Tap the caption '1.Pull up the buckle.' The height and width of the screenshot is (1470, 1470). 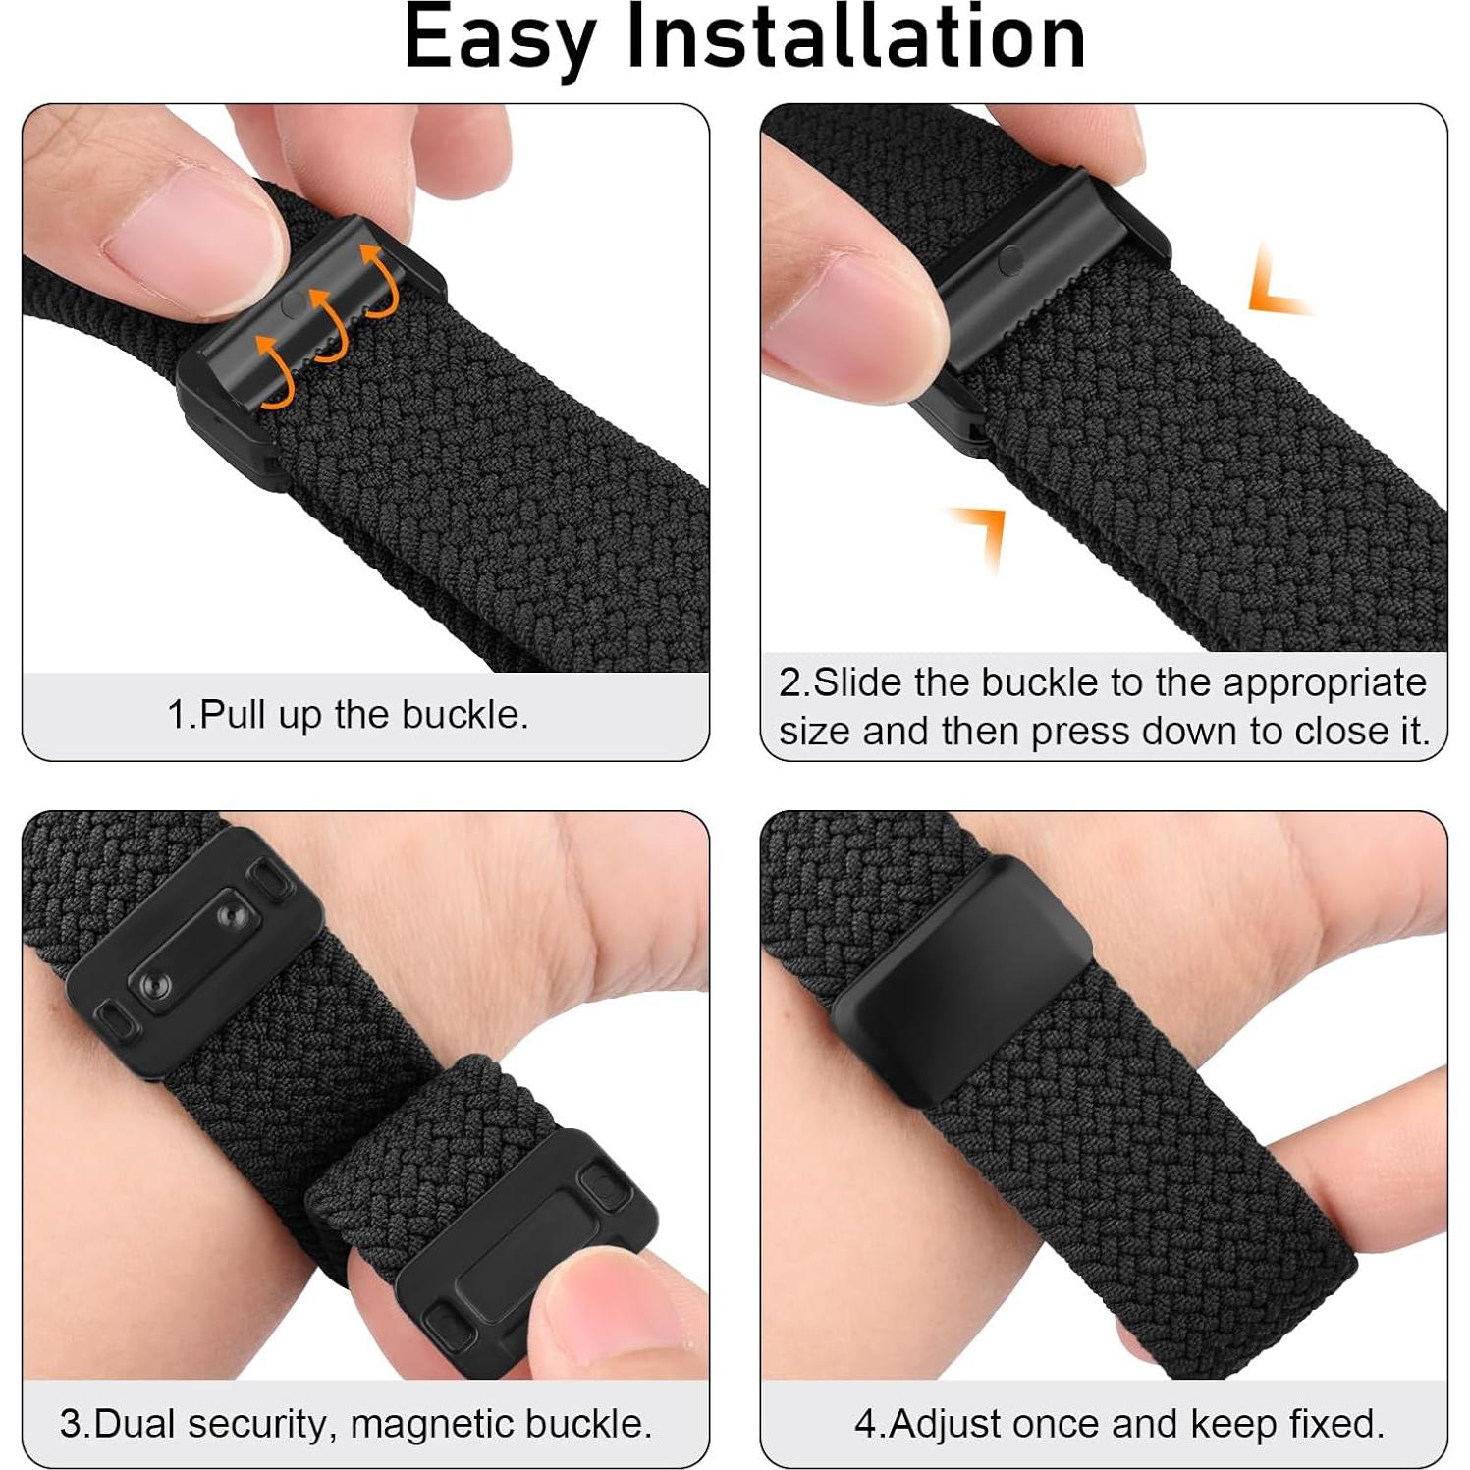pyautogui.click(x=348, y=715)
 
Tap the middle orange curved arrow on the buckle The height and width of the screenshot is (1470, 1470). pyautogui.click(x=330, y=324)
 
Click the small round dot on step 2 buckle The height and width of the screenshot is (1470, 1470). pyautogui.click(x=1010, y=260)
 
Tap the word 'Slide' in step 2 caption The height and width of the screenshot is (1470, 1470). pyautogui.click(x=857, y=682)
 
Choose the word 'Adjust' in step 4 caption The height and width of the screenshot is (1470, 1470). pyautogui.click(x=946, y=1424)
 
